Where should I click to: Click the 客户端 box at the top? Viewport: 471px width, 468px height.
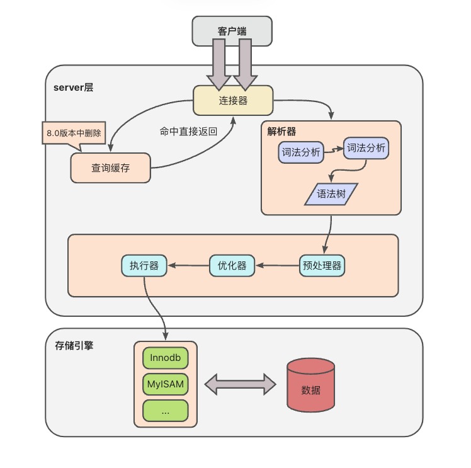click(232, 31)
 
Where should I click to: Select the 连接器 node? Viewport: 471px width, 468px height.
click(232, 101)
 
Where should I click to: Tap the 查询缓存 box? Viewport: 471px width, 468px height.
click(111, 168)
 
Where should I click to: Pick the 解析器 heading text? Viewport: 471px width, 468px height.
click(281, 132)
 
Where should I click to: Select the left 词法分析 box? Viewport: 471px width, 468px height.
click(300, 152)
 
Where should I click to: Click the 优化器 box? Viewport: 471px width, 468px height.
click(232, 266)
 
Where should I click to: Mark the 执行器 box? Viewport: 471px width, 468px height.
click(144, 266)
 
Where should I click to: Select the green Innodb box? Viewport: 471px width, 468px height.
click(166, 357)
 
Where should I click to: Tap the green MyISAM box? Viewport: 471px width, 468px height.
click(166, 384)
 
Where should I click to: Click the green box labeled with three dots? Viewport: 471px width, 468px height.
click(166, 411)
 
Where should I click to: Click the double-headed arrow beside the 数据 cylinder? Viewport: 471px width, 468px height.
click(241, 384)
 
